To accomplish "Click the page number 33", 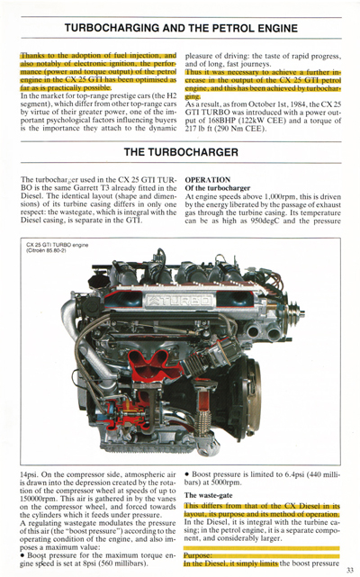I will (x=350, y=569).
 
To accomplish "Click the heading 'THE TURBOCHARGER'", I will (x=180, y=151).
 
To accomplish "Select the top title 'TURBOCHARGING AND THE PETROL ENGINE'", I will (x=179, y=29).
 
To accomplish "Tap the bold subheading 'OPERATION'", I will (x=207, y=179).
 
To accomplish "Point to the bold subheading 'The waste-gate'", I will (x=211, y=495).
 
